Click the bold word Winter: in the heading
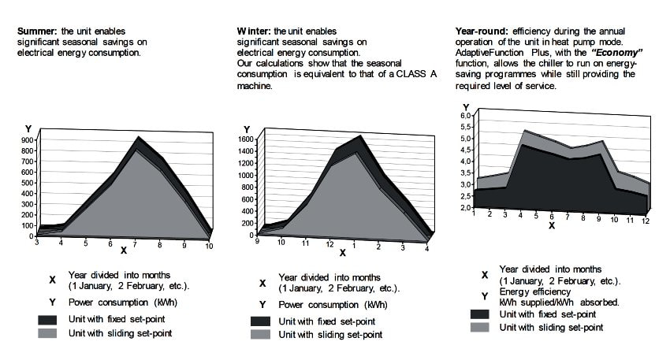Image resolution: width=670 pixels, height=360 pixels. coord(254,32)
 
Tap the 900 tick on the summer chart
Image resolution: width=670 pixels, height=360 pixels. coord(27,140)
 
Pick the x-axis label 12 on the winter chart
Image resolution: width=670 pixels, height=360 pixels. coord(329,243)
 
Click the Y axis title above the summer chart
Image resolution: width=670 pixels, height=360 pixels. coord(28,128)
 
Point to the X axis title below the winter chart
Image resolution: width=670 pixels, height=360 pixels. coord(342,254)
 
